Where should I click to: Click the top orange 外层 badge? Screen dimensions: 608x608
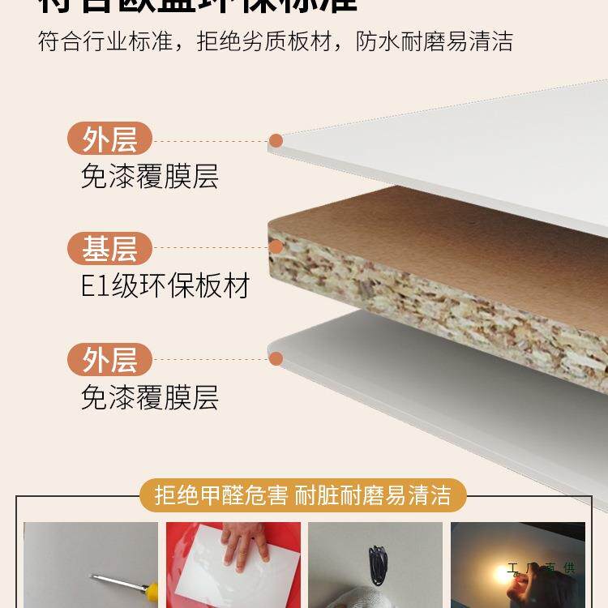click(x=109, y=139)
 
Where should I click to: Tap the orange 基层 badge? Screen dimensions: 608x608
click(x=109, y=249)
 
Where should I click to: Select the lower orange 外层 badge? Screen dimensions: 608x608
click(x=109, y=359)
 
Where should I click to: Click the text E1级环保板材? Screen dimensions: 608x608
click(x=165, y=286)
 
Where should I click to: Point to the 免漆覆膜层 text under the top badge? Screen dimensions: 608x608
click(x=150, y=176)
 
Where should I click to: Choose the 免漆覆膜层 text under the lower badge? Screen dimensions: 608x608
click(x=150, y=397)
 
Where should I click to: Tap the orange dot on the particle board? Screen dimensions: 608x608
click(x=276, y=248)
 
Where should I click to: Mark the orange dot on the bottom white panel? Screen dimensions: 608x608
click(x=276, y=358)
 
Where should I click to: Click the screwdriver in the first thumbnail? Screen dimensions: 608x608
click(x=109, y=580)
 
